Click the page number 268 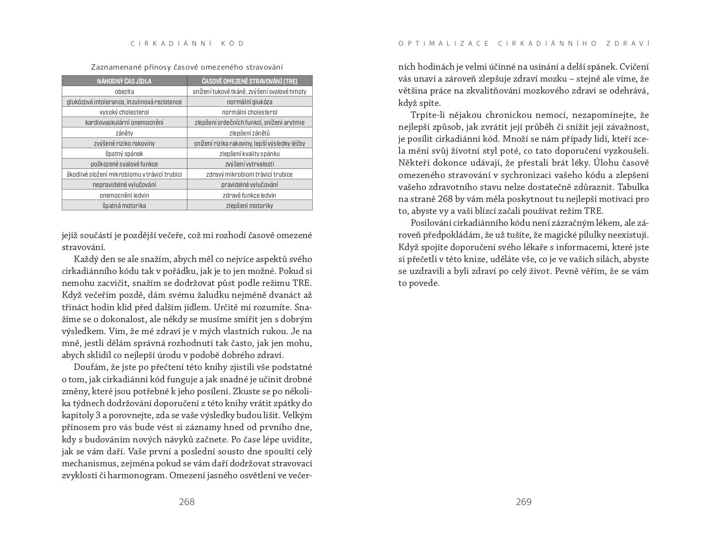pyautogui.click(x=187, y=502)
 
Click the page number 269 pyautogui.click(x=524, y=502)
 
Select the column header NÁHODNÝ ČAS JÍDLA pyautogui.click(x=124, y=81)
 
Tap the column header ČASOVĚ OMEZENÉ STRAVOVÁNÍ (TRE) pyautogui.click(x=250, y=81)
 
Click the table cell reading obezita pyautogui.click(x=124, y=91)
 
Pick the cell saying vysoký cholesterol pyautogui.click(x=124, y=112)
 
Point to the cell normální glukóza pyautogui.click(x=250, y=102)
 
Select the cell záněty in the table pyautogui.click(x=124, y=133)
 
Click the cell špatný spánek pyautogui.click(x=124, y=154)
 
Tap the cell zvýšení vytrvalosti pyautogui.click(x=250, y=164)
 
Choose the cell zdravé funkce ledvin pyautogui.click(x=250, y=195)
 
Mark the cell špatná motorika pyautogui.click(x=124, y=206)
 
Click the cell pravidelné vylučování pyautogui.click(x=250, y=185)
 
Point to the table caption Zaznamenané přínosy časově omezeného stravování pyautogui.click(x=187, y=67)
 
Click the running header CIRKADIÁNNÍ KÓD pyautogui.click(x=187, y=44)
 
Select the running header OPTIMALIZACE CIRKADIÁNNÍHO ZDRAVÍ pyautogui.click(x=524, y=44)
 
